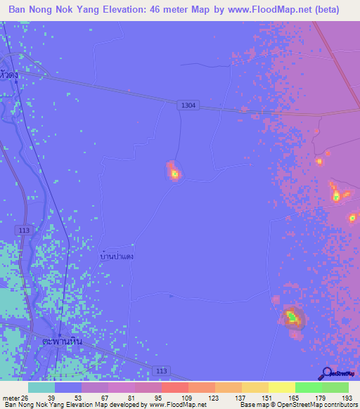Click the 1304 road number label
tap(188, 105)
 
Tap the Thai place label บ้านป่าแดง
tap(117, 257)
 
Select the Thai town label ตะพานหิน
tap(62, 342)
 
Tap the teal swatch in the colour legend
tap(41, 387)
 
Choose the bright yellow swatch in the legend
tap(281, 387)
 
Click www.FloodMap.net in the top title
tap(266, 10)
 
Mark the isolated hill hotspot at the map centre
tap(174, 172)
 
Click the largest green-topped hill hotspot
tap(292, 318)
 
